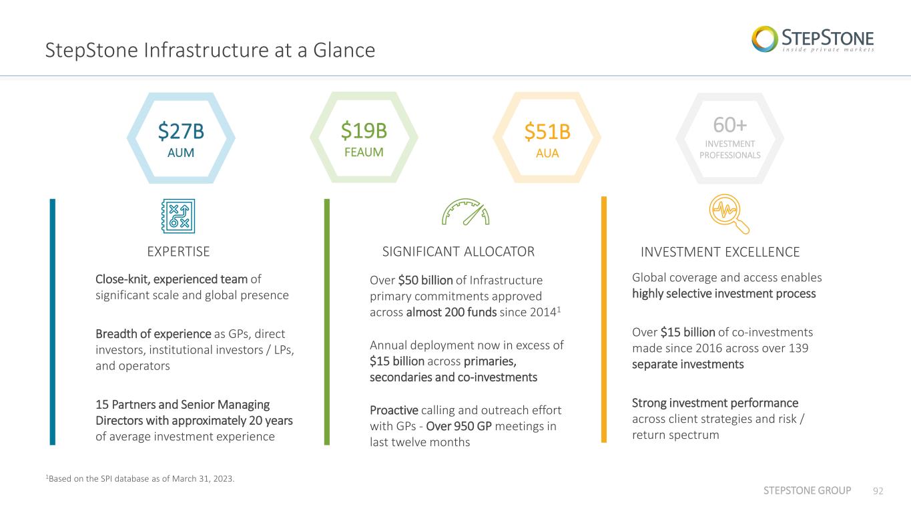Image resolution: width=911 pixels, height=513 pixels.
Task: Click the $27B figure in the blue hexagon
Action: coord(181,131)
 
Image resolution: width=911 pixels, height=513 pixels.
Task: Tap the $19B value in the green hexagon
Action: coord(364,131)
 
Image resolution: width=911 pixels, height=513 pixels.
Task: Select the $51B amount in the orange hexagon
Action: coord(547,132)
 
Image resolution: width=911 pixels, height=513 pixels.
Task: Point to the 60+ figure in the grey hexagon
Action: coord(730,125)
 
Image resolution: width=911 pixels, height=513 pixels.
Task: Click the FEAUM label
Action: coord(364,152)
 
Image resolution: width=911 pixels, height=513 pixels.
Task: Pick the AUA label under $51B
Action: coord(547,153)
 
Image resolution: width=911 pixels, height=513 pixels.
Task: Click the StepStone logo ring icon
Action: coord(765,39)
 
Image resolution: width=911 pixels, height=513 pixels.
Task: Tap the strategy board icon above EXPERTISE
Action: coord(178,216)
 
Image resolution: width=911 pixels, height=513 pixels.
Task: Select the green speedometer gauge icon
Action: coord(466,212)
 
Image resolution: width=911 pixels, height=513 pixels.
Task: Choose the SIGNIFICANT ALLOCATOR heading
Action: coord(459,252)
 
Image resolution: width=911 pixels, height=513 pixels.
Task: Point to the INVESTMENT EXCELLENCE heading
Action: coord(720,252)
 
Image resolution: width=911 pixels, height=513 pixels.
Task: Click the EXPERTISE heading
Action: coord(179,252)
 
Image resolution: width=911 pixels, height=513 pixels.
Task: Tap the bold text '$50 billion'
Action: coord(425,280)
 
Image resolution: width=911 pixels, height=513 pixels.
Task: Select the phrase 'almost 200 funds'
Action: coord(451,313)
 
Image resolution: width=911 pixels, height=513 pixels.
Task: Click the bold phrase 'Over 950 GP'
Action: coord(459,426)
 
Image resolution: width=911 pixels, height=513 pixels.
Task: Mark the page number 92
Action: coord(878,491)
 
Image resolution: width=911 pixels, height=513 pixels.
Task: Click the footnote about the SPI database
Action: coord(140,479)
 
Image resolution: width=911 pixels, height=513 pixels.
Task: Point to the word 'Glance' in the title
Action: coord(344,50)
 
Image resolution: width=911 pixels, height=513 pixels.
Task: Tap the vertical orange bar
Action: coord(604,319)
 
